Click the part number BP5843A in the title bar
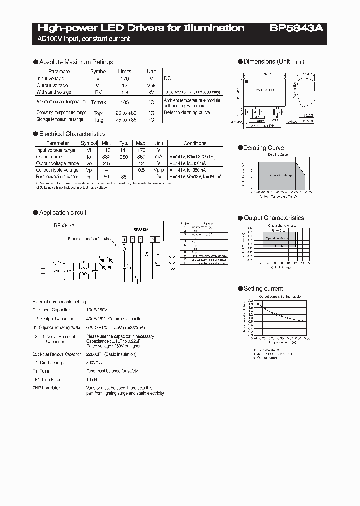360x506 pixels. point(296,28)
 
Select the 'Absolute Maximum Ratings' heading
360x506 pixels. point(76,62)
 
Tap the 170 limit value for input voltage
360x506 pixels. point(124,79)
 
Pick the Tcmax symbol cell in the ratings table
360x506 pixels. point(98,102)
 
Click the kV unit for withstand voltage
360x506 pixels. point(151,92)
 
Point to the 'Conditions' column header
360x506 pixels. point(195,143)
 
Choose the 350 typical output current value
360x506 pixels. point(124,157)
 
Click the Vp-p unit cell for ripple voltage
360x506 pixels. point(158,170)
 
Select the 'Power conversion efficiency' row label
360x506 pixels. point(57,177)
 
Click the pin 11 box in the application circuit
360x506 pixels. point(158,240)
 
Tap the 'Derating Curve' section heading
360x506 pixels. point(263,148)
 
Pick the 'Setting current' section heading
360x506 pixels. point(263,289)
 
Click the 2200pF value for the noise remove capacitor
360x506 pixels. point(95,354)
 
